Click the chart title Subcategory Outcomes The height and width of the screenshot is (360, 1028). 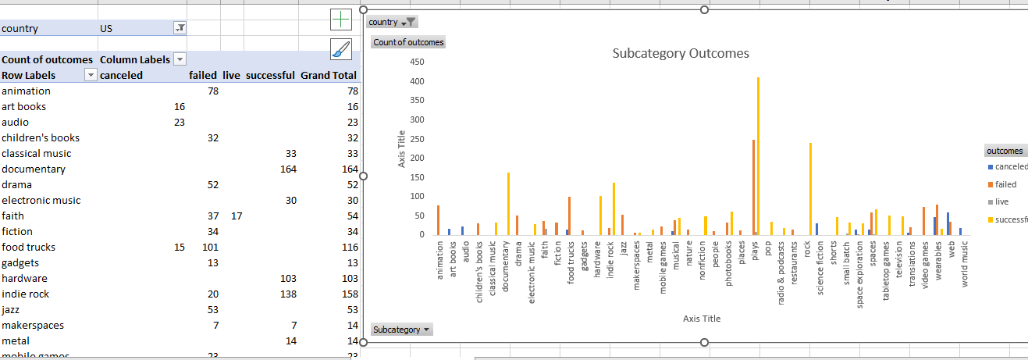(x=681, y=54)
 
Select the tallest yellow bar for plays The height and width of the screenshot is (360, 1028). (x=758, y=156)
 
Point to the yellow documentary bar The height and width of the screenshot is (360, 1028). (x=508, y=204)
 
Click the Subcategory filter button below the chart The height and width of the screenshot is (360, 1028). (x=401, y=330)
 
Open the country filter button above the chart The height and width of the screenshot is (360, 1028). (x=393, y=22)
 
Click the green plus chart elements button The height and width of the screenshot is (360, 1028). (x=341, y=20)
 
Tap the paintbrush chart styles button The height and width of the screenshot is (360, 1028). (x=341, y=49)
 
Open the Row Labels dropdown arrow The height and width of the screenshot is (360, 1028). (x=91, y=75)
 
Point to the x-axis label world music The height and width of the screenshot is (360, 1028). (x=964, y=264)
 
